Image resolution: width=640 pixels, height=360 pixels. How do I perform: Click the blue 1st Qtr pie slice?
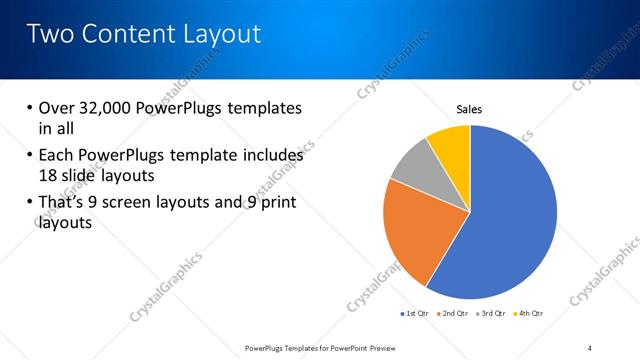point(510,220)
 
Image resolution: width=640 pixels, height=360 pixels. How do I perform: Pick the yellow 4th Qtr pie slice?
point(450,145)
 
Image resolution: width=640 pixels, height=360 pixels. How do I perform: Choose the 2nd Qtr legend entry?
point(455,313)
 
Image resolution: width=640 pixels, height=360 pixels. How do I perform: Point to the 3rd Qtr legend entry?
point(493,313)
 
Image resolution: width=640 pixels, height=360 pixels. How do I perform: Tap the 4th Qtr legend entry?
point(530,313)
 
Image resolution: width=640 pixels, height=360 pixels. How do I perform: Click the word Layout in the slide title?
point(223,34)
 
